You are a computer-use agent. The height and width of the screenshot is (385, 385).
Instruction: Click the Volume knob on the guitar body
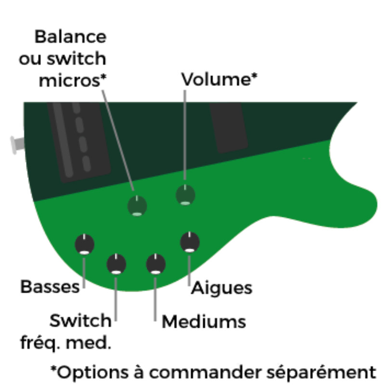(x=185, y=195)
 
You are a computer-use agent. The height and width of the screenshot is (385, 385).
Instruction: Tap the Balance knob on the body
(x=137, y=206)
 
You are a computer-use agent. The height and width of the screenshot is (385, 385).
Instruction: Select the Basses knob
(x=84, y=244)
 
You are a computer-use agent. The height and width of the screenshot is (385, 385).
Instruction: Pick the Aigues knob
(x=190, y=242)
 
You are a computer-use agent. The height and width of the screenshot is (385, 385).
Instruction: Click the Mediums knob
(x=155, y=264)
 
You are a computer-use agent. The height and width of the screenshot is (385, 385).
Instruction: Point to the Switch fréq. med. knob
(x=116, y=264)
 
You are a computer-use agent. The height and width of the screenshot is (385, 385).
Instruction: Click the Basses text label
(x=50, y=287)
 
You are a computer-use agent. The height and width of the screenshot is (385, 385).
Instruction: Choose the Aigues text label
(x=222, y=288)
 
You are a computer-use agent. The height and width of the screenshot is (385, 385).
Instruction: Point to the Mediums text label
(x=204, y=321)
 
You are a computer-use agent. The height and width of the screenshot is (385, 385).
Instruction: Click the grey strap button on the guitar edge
(x=17, y=144)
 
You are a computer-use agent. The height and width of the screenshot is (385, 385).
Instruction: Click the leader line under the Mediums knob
(x=155, y=298)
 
